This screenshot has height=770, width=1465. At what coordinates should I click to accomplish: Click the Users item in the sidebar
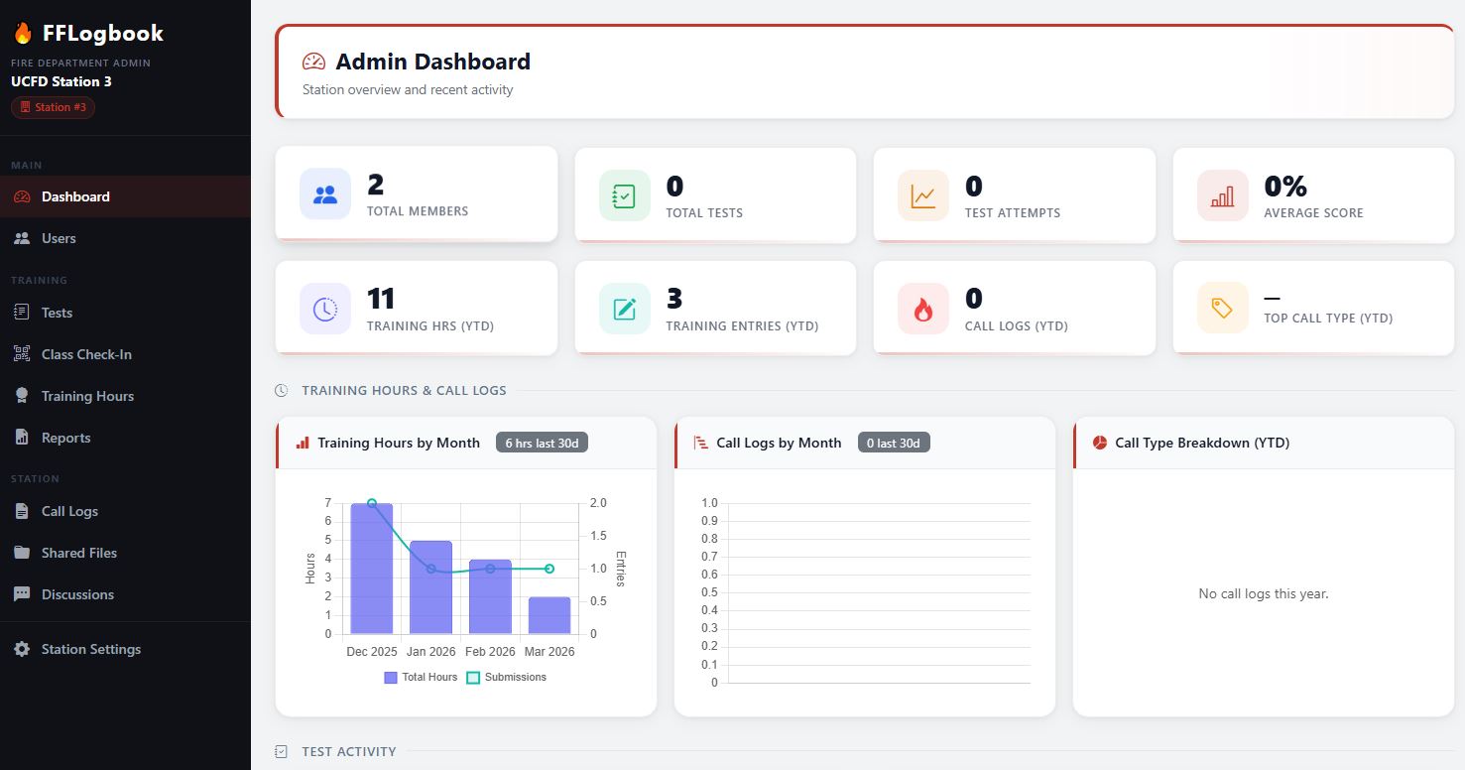point(58,238)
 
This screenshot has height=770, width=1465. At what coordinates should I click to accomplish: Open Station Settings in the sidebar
point(90,649)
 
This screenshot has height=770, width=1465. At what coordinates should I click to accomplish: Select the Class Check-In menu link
point(85,354)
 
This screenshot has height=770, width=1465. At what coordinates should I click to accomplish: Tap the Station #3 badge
point(54,107)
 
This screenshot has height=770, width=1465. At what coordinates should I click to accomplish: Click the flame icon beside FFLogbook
point(23,34)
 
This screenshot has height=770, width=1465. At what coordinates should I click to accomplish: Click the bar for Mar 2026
point(549,615)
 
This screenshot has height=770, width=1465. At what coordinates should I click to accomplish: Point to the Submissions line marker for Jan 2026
point(430,569)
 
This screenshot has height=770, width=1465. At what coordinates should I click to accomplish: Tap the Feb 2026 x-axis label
point(490,652)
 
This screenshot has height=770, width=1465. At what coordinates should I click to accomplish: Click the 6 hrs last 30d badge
point(542,443)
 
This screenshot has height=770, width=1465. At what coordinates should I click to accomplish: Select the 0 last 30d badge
point(893,443)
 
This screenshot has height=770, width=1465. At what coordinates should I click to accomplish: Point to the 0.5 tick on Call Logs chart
point(708,592)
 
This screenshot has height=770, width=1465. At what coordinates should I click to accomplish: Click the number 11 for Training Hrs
point(381,299)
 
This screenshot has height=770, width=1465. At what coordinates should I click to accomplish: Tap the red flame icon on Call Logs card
point(922,309)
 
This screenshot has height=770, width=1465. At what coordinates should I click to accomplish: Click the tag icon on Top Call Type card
point(1222,309)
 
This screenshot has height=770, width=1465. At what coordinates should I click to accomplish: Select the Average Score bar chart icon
point(1222,195)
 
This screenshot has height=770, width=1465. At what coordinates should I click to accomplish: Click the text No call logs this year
point(1263,593)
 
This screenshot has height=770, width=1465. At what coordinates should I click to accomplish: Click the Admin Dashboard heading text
point(432,62)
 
